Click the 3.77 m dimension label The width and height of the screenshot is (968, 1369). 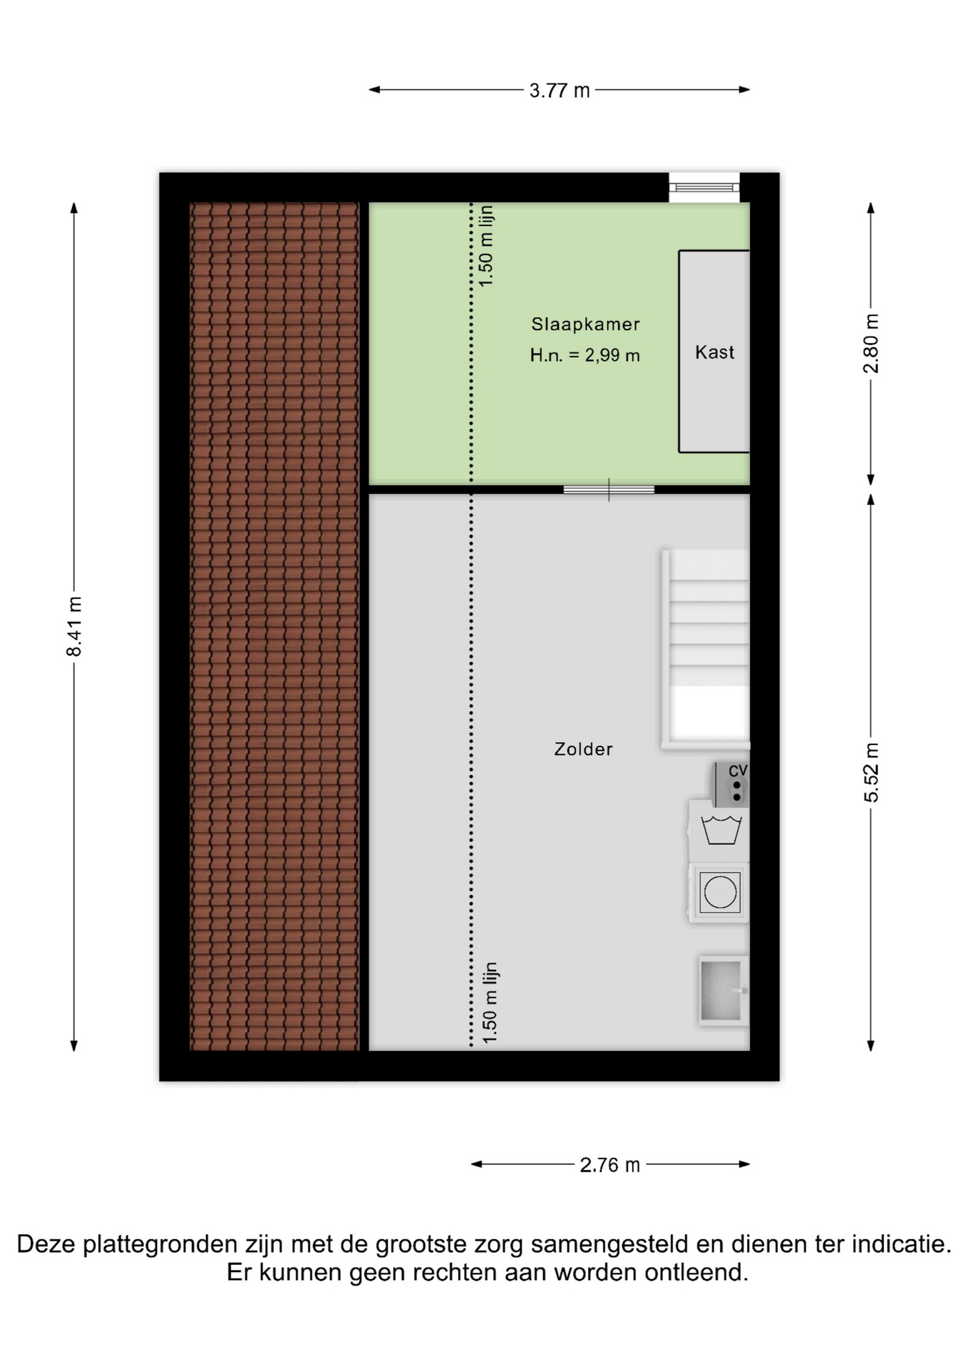[x=560, y=91]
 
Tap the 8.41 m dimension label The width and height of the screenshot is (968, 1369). [x=74, y=627]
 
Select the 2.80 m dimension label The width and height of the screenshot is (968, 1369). [x=871, y=344]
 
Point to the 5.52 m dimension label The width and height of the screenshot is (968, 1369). [x=871, y=772]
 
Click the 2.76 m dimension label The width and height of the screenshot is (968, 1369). [x=610, y=1165]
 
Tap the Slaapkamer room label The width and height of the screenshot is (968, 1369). [x=585, y=324]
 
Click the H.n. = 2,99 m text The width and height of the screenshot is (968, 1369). [x=585, y=355]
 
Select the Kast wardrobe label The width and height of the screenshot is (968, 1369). [x=714, y=352]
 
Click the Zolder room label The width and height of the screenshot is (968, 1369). [x=583, y=749]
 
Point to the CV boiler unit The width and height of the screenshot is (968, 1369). [x=731, y=784]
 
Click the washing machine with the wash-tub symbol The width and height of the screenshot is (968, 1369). [x=719, y=831]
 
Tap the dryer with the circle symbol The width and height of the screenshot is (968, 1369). [x=719, y=893]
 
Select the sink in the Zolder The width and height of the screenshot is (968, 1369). [x=724, y=991]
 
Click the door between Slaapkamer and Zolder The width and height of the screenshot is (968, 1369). [x=609, y=490]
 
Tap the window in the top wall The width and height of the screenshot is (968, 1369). [x=704, y=188]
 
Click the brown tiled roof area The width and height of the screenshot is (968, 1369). [x=274, y=627]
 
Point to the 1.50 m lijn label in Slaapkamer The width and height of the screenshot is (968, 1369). [x=487, y=246]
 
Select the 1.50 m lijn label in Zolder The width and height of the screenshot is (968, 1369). [x=490, y=1003]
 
